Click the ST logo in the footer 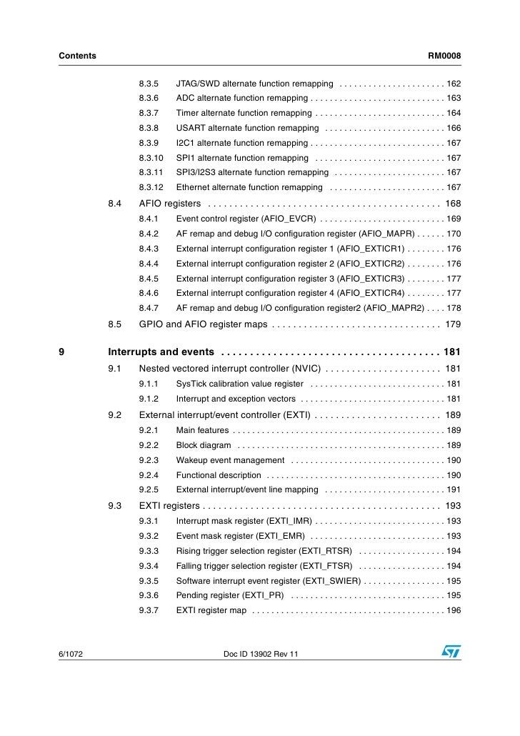click(451, 652)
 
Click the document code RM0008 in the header click(444, 56)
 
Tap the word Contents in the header click(77, 56)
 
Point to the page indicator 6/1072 click(73, 654)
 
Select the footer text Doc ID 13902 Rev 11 click(261, 654)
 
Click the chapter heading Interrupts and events click(161, 352)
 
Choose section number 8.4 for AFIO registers click(115, 204)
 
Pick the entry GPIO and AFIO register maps click(203, 324)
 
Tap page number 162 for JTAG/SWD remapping click(454, 84)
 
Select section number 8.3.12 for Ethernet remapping click(151, 188)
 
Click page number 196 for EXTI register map click(454, 611)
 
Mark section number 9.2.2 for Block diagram click(148, 445)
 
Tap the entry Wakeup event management click(230, 460)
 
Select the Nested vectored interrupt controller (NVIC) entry click(229, 369)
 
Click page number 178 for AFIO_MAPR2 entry click(454, 309)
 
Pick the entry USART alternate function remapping click(247, 129)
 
